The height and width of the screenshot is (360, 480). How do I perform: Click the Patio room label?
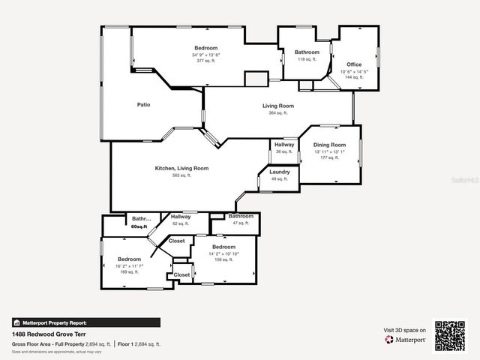pyautogui.click(x=142, y=105)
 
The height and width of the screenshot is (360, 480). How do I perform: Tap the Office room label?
pyautogui.click(x=353, y=64)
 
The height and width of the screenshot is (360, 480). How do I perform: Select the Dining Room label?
pyautogui.click(x=330, y=145)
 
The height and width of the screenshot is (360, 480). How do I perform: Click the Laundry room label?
pyautogui.click(x=279, y=172)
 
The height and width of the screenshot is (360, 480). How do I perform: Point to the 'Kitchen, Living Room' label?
pyautogui.click(x=181, y=168)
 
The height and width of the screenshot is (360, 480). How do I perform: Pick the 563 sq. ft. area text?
pyautogui.click(x=181, y=175)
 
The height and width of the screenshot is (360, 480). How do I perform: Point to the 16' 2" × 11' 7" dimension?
pyautogui.click(x=129, y=265)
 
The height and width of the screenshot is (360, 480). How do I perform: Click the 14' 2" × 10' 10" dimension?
pyautogui.click(x=223, y=253)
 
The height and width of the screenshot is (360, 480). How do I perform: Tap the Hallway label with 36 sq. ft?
pyautogui.click(x=284, y=145)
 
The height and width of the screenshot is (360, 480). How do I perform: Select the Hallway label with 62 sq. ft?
pyautogui.click(x=181, y=217)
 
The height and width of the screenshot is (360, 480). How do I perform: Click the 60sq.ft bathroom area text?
pyautogui.click(x=141, y=226)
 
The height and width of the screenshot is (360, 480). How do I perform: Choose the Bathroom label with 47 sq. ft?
pyautogui.click(x=241, y=216)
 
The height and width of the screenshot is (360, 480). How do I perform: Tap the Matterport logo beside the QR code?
pyautogui.click(x=406, y=339)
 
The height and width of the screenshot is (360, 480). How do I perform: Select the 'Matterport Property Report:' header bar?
pyautogui.click(x=85, y=322)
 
